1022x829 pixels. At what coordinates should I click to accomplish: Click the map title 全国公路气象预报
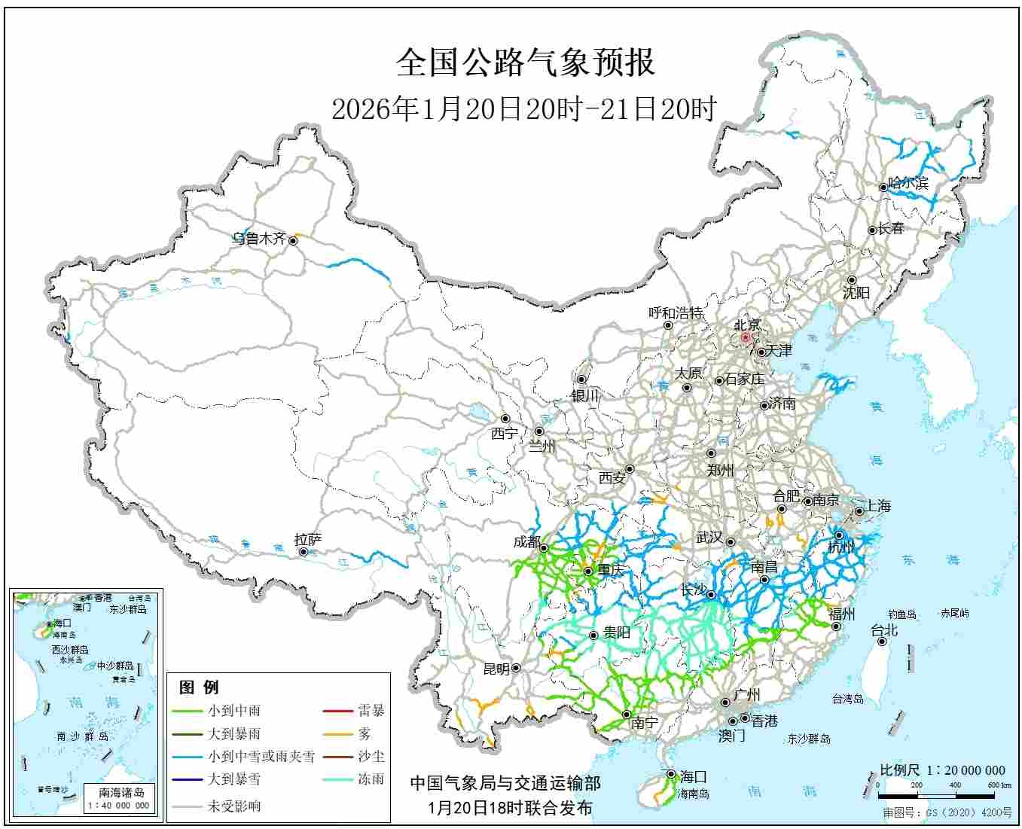pyautogui.click(x=525, y=62)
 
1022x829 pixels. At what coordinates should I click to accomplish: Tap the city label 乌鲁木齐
pyautogui.click(x=258, y=239)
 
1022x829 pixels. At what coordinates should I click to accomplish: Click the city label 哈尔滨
pyautogui.click(x=908, y=183)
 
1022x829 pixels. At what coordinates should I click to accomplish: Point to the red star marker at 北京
pyautogui.click(x=746, y=338)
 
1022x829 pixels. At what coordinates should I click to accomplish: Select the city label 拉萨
pyautogui.click(x=308, y=539)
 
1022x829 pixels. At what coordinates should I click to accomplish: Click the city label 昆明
pyautogui.click(x=496, y=669)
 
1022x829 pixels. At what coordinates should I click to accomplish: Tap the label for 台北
pyautogui.click(x=884, y=630)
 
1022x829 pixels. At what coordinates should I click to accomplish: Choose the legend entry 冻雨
pyautogui.click(x=371, y=779)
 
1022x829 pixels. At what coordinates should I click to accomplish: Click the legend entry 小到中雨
pyautogui.click(x=234, y=710)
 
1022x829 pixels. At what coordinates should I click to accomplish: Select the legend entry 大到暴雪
pyautogui.click(x=234, y=779)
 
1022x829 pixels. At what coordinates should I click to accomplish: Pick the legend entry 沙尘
pyautogui.click(x=371, y=756)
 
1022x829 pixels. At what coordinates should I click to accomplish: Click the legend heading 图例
pyautogui.click(x=199, y=687)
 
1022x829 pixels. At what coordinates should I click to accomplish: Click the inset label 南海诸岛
pyautogui.click(x=121, y=792)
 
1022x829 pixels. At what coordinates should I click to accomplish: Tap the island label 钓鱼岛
pyautogui.click(x=901, y=614)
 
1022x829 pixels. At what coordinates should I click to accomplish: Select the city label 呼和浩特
pyautogui.click(x=676, y=312)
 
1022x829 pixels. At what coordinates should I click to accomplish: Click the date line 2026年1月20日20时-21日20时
pyautogui.click(x=524, y=110)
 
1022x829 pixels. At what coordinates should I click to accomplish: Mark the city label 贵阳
pyautogui.click(x=617, y=632)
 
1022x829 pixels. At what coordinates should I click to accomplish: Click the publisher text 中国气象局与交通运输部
pyautogui.click(x=505, y=784)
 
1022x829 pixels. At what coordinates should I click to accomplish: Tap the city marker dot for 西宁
pyautogui.click(x=505, y=419)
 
